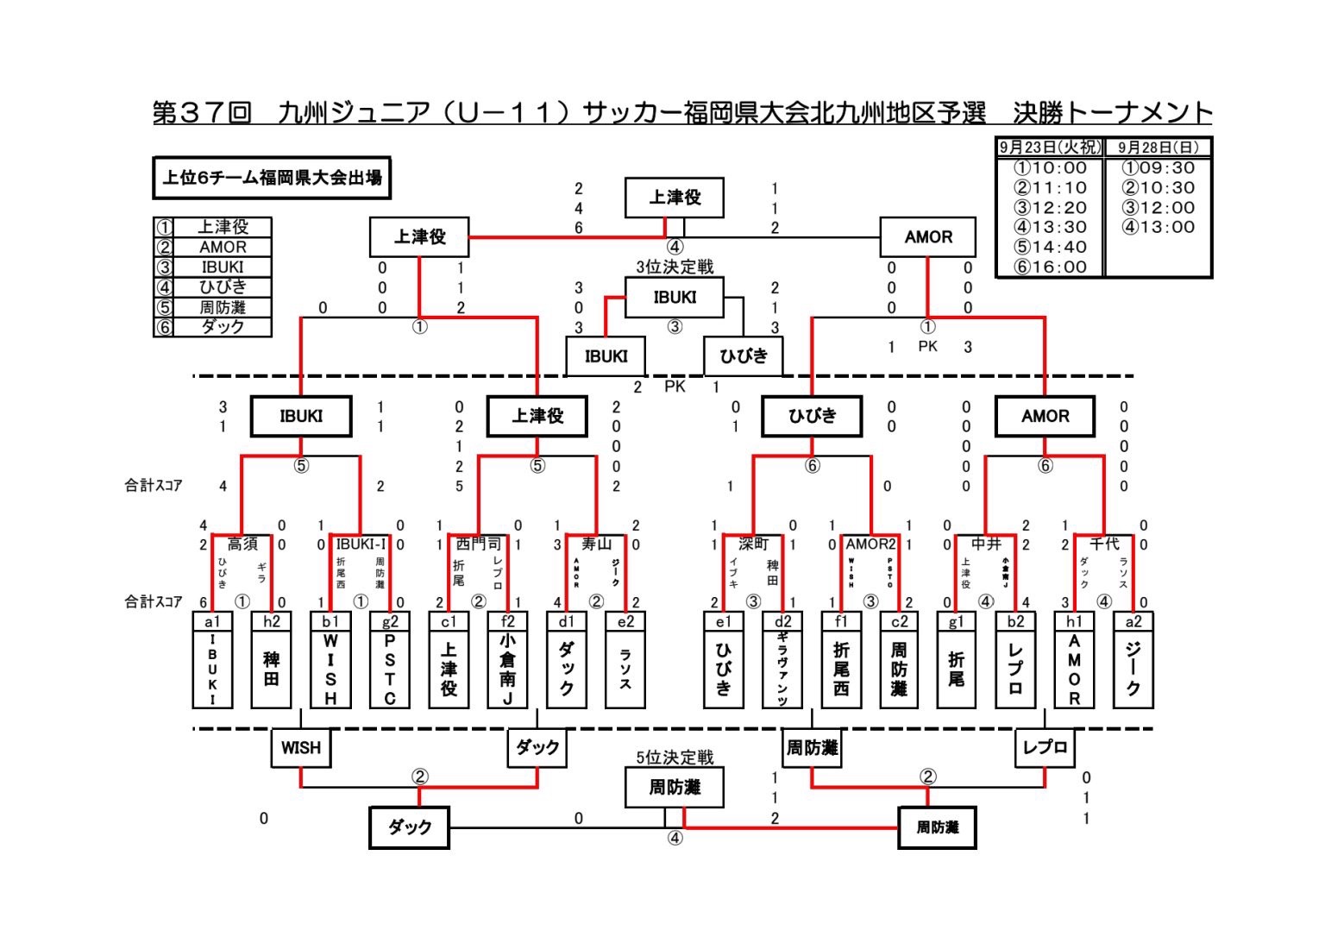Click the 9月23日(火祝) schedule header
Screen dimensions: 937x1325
click(1050, 148)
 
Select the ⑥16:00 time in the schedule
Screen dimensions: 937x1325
click(1050, 267)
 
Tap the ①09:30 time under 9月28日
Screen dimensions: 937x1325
click(1159, 168)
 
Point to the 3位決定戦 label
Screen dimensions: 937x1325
click(675, 267)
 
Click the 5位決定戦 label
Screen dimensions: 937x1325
click(675, 758)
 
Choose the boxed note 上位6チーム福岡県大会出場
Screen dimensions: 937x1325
click(272, 178)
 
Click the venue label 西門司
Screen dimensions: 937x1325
click(478, 544)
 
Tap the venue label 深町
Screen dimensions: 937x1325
click(753, 544)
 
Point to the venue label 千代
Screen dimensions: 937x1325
click(1104, 544)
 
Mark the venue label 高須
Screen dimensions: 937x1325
click(242, 544)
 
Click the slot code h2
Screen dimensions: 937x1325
click(272, 621)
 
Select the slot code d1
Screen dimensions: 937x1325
click(567, 621)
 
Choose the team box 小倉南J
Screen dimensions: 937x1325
click(507, 670)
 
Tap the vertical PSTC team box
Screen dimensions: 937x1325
click(390, 670)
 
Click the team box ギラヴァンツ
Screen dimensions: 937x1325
click(782, 670)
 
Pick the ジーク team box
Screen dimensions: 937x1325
click(1133, 670)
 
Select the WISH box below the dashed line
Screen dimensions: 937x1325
click(300, 748)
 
